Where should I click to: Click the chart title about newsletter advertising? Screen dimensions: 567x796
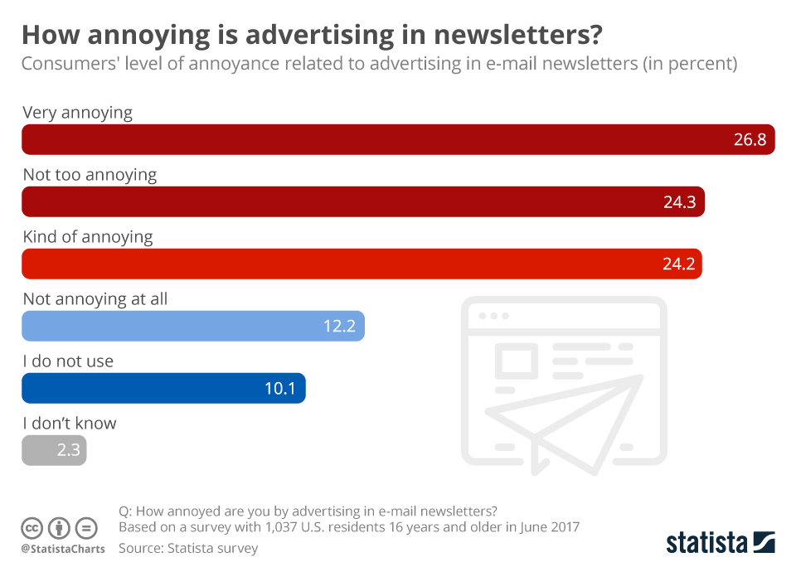[x=312, y=35]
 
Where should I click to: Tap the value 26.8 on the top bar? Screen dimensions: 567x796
[x=750, y=139]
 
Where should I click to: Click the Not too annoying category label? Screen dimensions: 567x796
[x=90, y=175]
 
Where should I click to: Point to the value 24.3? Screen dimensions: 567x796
[x=679, y=201]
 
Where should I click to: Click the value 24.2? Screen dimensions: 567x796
[x=677, y=264]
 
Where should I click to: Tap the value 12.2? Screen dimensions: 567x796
[x=339, y=326]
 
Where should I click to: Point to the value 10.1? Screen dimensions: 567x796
[x=280, y=388]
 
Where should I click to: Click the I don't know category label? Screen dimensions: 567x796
[x=70, y=424]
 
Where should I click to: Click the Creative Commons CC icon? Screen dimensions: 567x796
[x=32, y=528]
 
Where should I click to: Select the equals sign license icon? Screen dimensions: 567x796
[x=86, y=528]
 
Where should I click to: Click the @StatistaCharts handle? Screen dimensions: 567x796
[x=63, y=549]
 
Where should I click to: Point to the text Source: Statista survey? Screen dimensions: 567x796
[x=188, y=548]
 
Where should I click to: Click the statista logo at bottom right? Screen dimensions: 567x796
[x=720, y=543]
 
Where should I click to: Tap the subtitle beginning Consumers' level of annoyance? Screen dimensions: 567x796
[x=379, y=64]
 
